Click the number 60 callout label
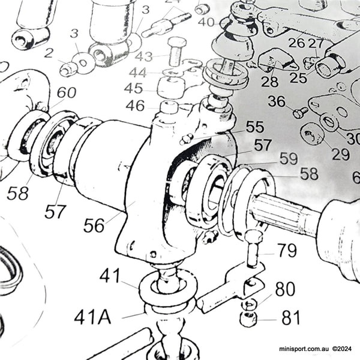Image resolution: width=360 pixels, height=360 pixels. click(x=66, y=93)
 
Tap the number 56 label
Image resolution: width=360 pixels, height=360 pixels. click(x=94, y=225)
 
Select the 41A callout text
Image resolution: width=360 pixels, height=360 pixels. click(x=93, y=316)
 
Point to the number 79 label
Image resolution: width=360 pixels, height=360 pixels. click(x=287, y=250)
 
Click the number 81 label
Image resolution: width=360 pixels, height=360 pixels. click(x=290, y=317)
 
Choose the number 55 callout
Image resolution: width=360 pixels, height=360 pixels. click(x=254, y=127)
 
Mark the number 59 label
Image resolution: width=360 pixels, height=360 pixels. click(x=288, y=159)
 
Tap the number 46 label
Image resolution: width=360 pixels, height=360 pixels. click(x=135, y=106)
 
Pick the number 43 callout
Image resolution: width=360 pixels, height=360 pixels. click(x=143, y=57)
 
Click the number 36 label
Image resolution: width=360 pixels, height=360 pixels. click(x=277, y=101)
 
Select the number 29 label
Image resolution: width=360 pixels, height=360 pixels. click(x=340, y=154)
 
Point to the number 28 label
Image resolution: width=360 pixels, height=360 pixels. click(x=269, y=82)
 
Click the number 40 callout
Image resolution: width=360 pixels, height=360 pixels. click(x=206, y=22)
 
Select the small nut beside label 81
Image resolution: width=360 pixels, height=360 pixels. click(x=248, y=318)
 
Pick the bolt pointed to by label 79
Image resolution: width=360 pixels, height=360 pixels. click(x=253, y=249)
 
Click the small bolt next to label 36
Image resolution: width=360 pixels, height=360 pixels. click(x=301, y=112)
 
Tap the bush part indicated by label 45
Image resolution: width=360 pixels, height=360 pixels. click(x=170, y=88)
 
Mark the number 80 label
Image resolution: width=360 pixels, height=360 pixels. click(x=285, y=290)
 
